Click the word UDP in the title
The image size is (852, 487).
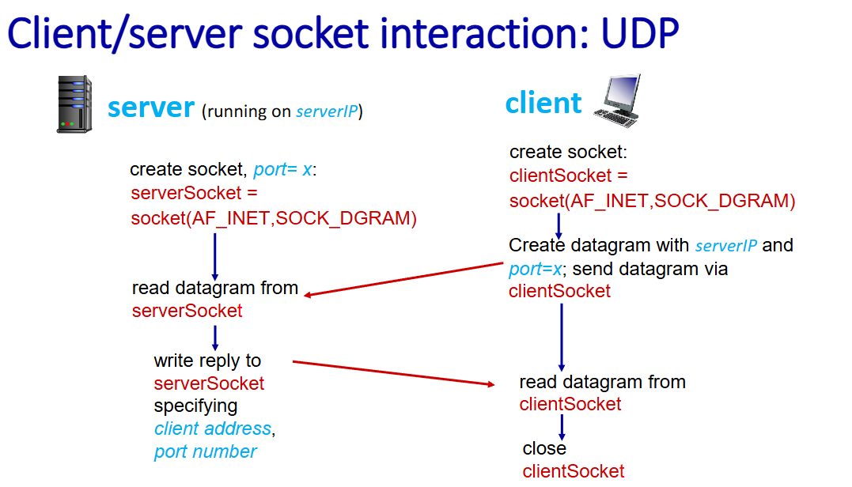click(x=639, y=34)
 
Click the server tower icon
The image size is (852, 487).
click(x=74, y=104)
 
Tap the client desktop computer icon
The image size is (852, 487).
click(x=618, y=101)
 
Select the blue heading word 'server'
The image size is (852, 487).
click(x=150, y=108)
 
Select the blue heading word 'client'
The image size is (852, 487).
click(x=543, y=102)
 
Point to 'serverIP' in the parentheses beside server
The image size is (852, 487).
click(x=327, y=111)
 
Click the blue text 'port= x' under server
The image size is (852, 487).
click(x=282, y=169)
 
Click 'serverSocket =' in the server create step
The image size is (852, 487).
click(x=194, y=193)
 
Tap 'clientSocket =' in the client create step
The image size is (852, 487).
click(x=568, y=176)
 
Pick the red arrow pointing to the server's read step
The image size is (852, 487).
click(x=403, y=279)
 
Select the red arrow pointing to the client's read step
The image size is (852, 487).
click(x=393, y=373)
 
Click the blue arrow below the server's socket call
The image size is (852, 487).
click(x=215, y=256)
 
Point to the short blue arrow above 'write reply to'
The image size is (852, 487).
click(x=215, y=338)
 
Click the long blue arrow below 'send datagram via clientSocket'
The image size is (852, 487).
click(x=562, y=337)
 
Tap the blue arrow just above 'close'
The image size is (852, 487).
click(x=562, y=427)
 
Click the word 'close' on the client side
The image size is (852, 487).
click(x=544, y=448)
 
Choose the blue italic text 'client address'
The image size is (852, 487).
click(x=213, y=429)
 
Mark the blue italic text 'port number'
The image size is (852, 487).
click(x=205, y=451)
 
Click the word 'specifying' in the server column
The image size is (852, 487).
click(x=195, y=406)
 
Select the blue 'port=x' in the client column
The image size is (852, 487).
click(x=536, y=270)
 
